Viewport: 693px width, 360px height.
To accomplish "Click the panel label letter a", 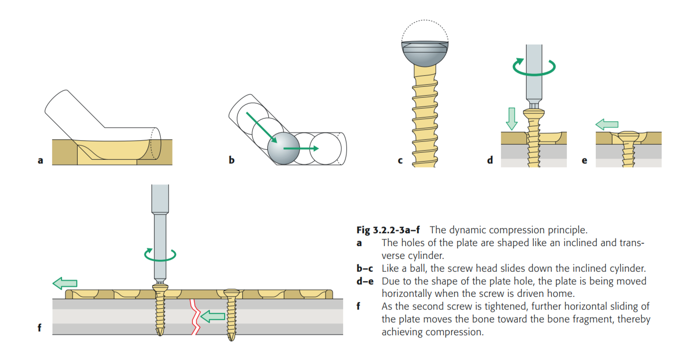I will point(40,160).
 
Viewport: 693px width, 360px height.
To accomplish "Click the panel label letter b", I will point(231,160).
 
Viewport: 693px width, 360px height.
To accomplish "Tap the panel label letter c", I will point(401,160).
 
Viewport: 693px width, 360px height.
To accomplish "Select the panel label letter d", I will point(490,160).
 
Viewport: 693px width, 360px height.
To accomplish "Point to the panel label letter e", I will point(584,160).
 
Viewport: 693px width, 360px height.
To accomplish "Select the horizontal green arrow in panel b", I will point(301,148).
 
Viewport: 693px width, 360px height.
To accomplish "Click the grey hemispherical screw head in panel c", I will point(425,53).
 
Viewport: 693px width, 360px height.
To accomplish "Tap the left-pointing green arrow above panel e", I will point(607,125).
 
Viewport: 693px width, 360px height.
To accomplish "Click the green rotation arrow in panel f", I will point(160,255).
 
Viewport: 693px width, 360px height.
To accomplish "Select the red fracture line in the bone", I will point(194,317).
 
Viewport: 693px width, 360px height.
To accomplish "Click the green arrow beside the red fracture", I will point(212,316).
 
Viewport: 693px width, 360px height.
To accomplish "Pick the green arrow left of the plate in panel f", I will point(64,283).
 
